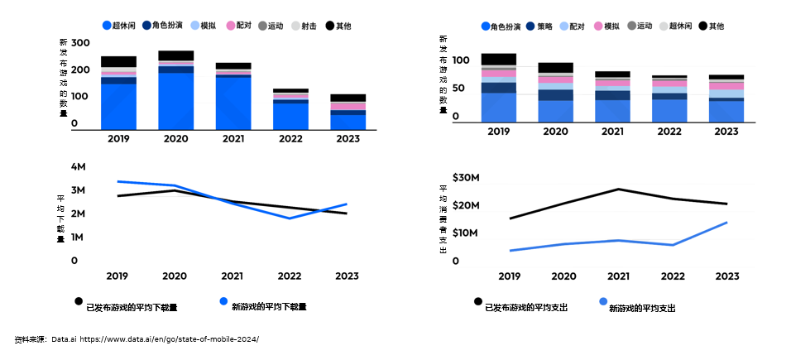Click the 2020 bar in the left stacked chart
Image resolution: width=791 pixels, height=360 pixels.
click(x=175, y=91)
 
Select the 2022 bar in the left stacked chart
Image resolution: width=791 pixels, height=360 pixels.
click(x=290, y=109)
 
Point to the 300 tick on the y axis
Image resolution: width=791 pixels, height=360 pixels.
click(x=80, y=43)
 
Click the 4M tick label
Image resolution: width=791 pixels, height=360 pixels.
click(x=79, y=167)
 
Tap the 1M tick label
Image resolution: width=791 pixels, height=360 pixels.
click(x=79, y=238)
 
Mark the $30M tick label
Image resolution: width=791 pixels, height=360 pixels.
click(x=467, y=178)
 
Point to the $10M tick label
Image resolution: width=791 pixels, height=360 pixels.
click(x=467, y=233)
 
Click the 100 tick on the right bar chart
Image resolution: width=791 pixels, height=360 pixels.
click(x=462, y=60)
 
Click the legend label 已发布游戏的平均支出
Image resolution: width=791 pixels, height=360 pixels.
click(x=526, y=308)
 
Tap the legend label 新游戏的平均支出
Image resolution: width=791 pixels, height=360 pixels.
click(x=642, y=308)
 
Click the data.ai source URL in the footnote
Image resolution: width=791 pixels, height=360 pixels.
click(x=169, y=339)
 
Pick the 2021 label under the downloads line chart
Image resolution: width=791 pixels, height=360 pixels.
click(x=232, y=276)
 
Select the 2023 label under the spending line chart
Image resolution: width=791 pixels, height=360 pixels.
click(x=727, y=276)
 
